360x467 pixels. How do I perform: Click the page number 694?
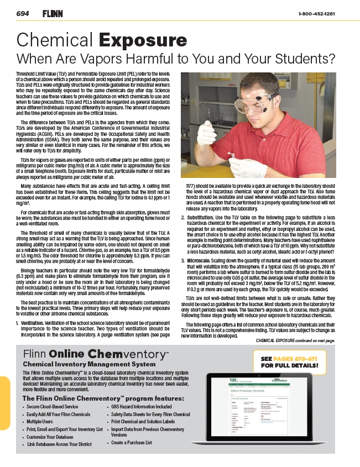coord(23,13)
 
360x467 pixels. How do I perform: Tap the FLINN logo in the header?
coord(53,13)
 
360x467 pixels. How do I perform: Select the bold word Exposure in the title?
coord(143,41)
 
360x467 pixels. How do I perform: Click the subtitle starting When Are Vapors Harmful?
coord(176,58)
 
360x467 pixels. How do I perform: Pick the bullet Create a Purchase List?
coord(131,443)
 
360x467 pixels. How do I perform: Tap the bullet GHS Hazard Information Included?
coord(141,407)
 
